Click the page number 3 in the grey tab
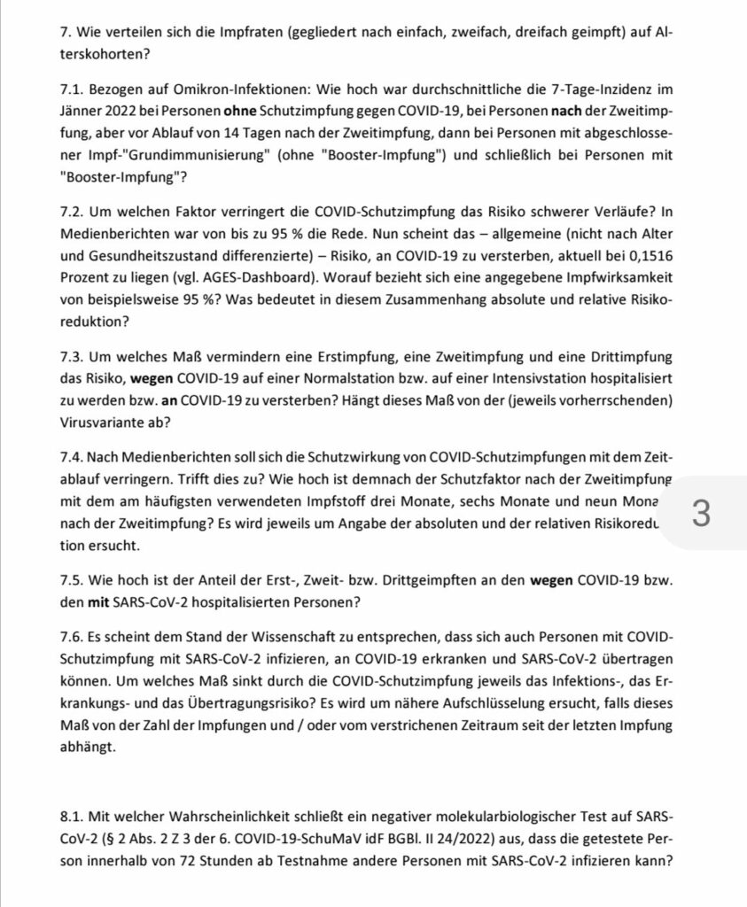(700, 516)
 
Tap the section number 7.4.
(75, 457)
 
